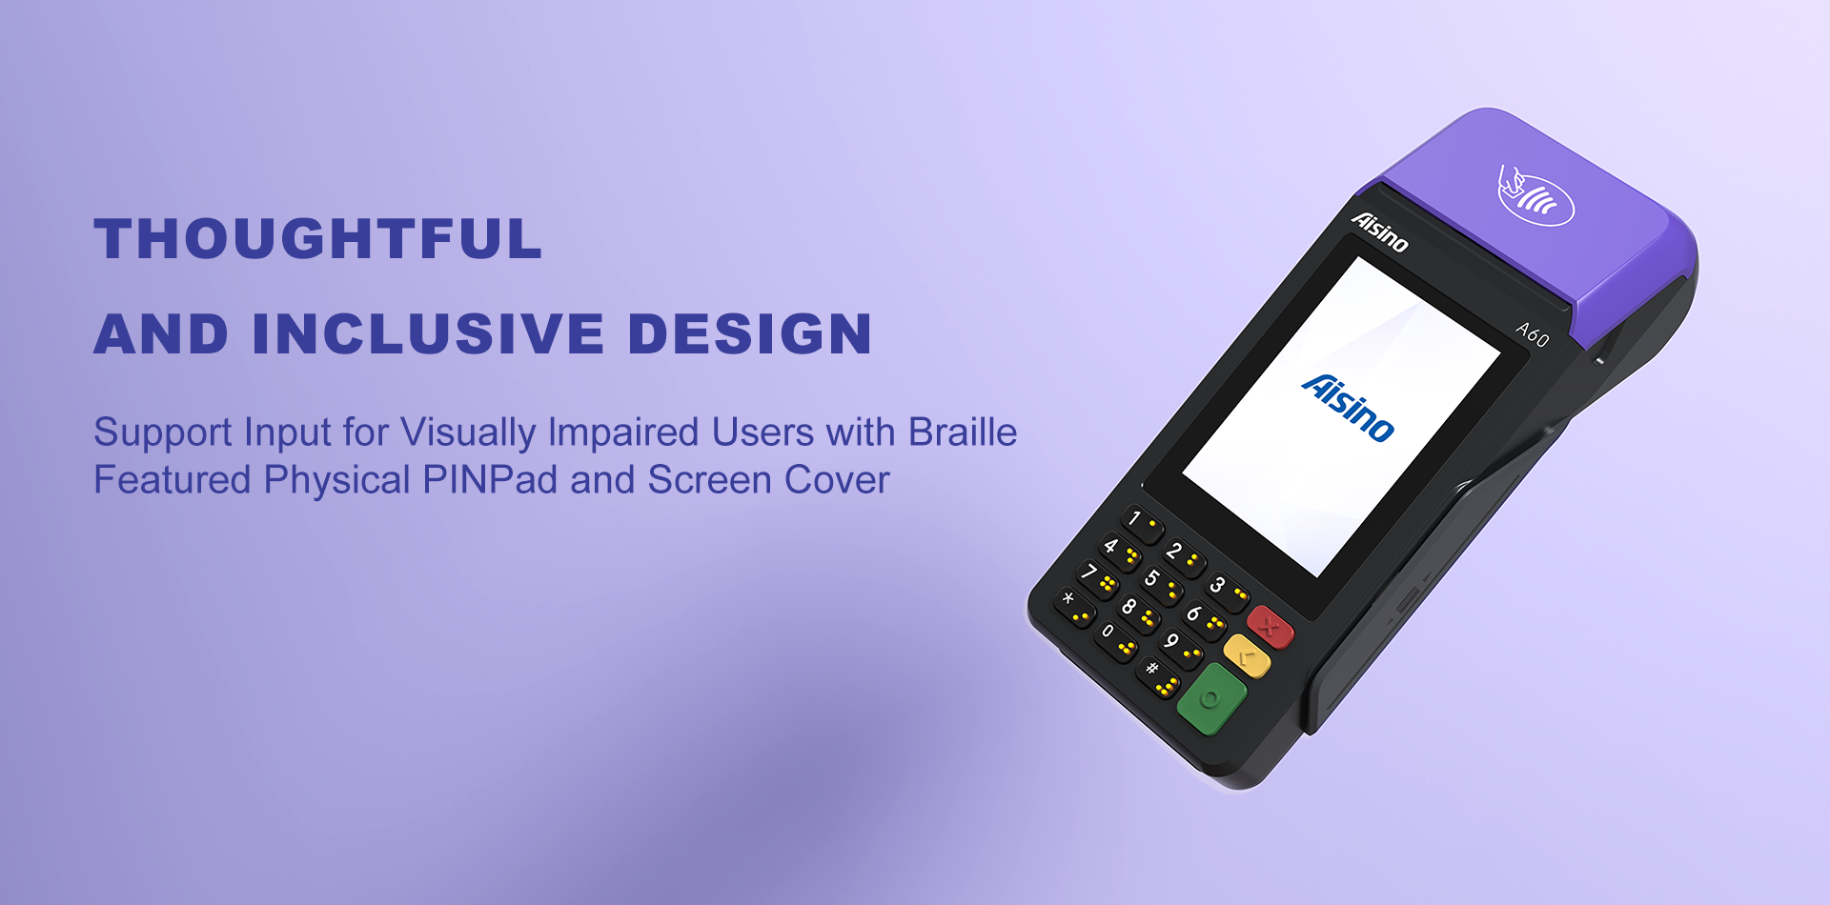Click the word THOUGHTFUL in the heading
point(318,238)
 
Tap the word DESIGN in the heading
point(750,333)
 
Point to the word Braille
point(963,432)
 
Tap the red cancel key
point(1270,626)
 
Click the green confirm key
point(1211,700)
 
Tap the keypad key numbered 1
point(1142,523)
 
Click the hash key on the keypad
point(1158,675)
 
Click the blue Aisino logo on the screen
point(1348,408)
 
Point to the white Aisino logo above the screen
point(1379,231)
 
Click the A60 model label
point(1533,334)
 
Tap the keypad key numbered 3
point(1226,589)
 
